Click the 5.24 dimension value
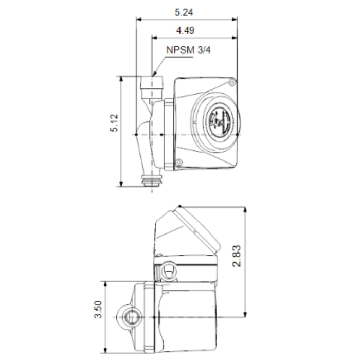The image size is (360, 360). [x=186, y=11]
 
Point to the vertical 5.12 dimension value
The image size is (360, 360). [x=114, y=123]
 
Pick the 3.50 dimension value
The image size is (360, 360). [x=98, y=310]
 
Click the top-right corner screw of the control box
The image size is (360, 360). [x=232, y=82]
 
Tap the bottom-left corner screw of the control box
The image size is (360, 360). [x=178, y=163]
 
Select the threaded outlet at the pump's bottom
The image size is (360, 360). [x=152, y=180]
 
